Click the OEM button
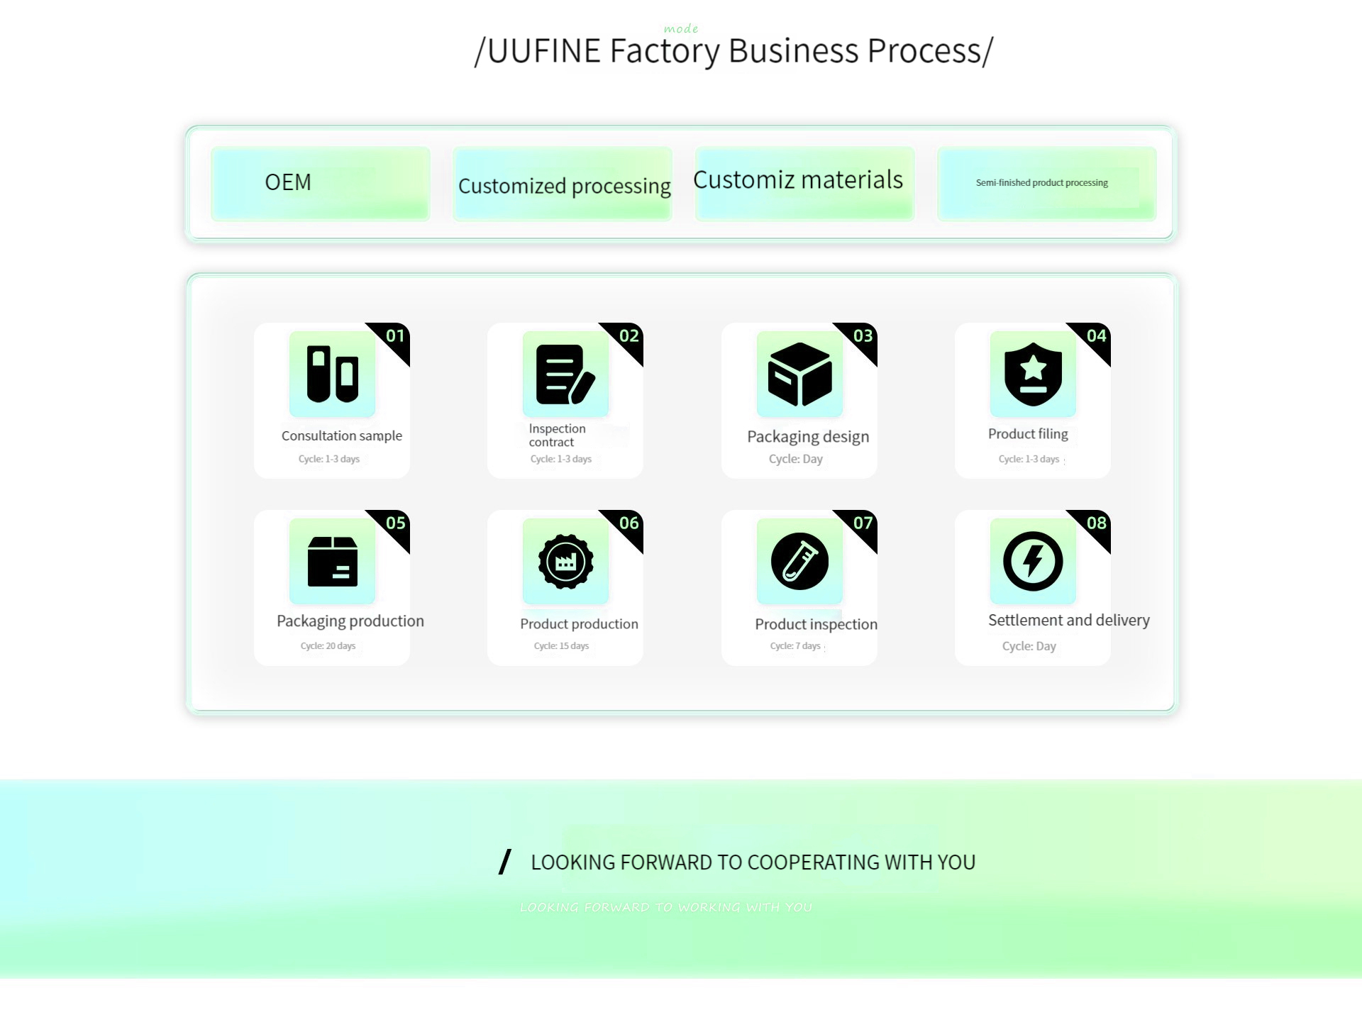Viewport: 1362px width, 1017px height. click(320, 183)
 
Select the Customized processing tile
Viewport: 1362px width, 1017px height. click(563, 185)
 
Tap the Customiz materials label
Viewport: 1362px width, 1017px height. click(798, 180)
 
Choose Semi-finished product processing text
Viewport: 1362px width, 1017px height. click(1041, 183)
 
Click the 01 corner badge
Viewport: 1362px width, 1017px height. click(395, 336)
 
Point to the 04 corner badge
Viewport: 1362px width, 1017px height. click(1096, 336)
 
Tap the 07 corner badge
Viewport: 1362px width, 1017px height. click(863, 523)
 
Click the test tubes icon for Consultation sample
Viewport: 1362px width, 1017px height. click(332, 374)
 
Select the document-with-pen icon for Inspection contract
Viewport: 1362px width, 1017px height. click(565, 374)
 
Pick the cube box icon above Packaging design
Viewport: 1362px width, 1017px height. click(799, 374)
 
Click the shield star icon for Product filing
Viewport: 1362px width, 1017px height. click(1033, 374)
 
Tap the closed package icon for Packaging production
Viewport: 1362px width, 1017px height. click(332, 561)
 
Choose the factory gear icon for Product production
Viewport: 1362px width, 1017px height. click(565, 561)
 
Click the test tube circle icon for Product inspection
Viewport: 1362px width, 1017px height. click(799, 561)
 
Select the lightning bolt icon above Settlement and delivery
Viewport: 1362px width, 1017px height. click(1033, 561)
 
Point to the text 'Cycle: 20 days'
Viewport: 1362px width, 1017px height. click(328, 646)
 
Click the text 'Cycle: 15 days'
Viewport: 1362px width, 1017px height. click(561, 646)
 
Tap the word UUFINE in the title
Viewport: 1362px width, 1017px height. click(544, 51)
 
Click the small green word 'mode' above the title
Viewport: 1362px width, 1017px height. click(681, 29)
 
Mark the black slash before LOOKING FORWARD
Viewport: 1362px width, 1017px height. click(505, 862)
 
